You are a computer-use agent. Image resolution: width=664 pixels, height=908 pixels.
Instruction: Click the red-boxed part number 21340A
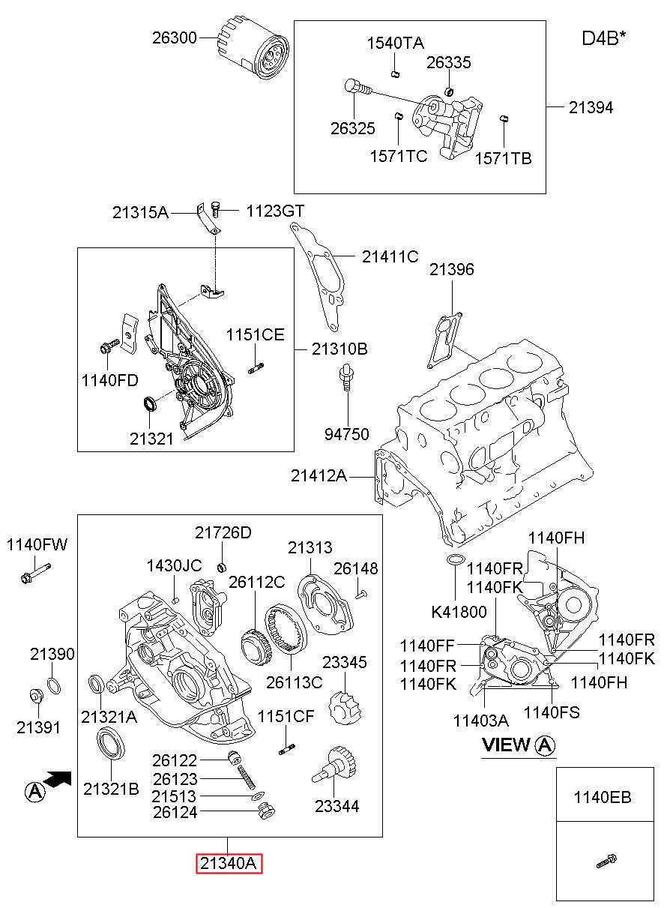click(229, 863)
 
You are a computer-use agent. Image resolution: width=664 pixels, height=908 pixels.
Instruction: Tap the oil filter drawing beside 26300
click(253, 49)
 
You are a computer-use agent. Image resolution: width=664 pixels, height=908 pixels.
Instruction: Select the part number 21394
click(591, 108)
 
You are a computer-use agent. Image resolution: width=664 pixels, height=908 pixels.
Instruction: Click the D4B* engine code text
click(603, 38)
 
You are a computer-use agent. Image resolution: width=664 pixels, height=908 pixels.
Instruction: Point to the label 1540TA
click(396, 43)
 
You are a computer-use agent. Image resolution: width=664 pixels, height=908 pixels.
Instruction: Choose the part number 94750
click(347, 434)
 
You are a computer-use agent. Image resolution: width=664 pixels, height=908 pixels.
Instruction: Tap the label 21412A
click(319, 475)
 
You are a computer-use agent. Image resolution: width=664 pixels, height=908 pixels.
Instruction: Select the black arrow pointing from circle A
click(57, 779)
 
